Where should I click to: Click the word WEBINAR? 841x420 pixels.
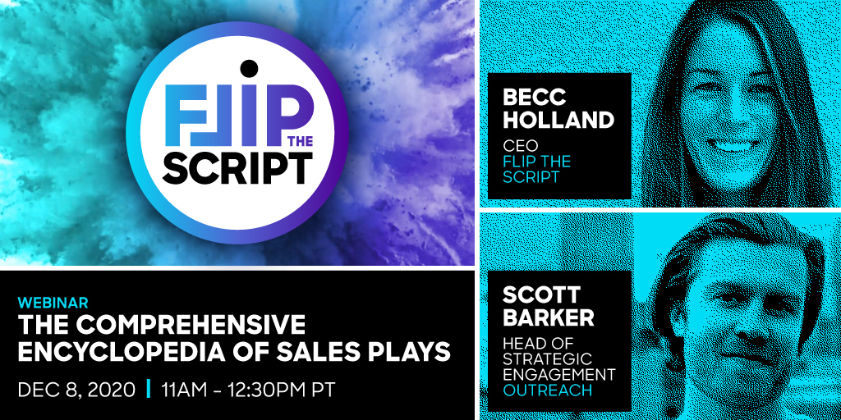point(53,302)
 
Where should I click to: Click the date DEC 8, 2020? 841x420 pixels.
point(76,390)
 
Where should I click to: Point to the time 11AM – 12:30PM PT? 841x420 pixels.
point(249,390)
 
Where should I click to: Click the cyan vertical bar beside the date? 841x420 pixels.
point(149,390)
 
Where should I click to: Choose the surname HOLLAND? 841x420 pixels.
point(558,120)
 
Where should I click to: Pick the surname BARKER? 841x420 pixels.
point(549,317)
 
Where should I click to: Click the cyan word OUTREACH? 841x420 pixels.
point(548,390)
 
